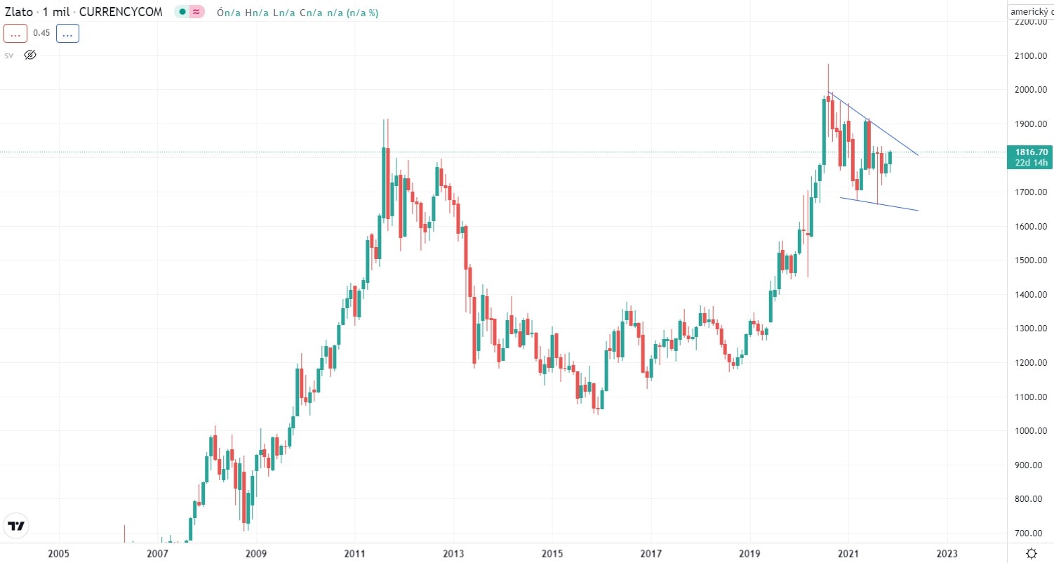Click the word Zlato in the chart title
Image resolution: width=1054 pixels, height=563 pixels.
tap(18, 12)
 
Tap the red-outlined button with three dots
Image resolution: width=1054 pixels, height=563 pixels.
tap(15, 33)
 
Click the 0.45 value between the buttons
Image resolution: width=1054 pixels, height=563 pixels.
tap(41, 33)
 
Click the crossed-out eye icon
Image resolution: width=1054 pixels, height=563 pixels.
tap(30, 55)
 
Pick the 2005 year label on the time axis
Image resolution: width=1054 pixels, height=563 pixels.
tap(59, 553)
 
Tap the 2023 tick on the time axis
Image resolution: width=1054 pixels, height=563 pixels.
tap(947, 553)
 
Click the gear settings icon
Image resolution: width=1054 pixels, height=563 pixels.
tap(1030, 552)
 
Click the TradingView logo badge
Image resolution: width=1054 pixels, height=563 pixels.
tap(16, 526)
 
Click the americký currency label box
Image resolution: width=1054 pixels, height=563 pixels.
tap(1029, 12)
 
